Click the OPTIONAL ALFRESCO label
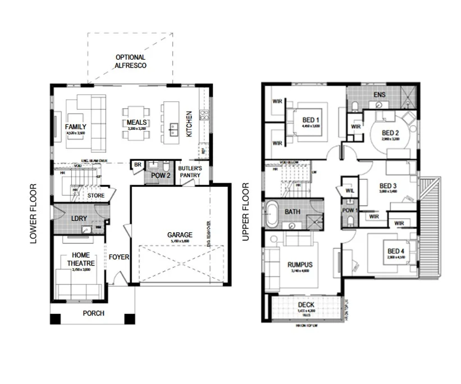pos(130,61)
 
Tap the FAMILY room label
pos(75,127)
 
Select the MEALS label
pos(136,122)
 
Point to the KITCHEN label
pos(189,124)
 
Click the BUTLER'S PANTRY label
pos(190,172)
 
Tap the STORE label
pos(95,196)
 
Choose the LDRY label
pos(77,218)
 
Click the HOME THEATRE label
pos(80,259)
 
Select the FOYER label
pos(119,257)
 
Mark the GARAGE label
pos(179,235)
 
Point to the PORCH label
pos(93,313)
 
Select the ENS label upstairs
pos(380,95)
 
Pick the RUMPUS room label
pos(300,264)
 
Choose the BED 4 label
pos(395,251)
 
